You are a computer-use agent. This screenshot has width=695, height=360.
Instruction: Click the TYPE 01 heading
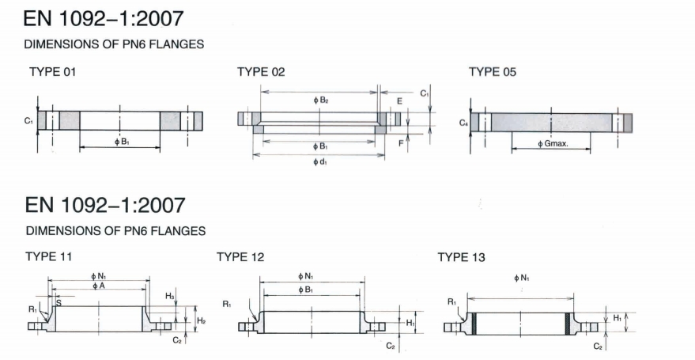click(x=53, y=72)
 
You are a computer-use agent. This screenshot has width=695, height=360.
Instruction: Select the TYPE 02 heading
click(x=261, y=72)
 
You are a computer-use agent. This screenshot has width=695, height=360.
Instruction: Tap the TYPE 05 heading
click(x=493, y=72)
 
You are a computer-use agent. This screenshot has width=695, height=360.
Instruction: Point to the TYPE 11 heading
click(x=49, y=256)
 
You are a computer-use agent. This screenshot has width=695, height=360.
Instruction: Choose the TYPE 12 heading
click(x=240, y=257)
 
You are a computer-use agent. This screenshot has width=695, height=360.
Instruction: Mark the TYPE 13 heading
click(x=462, y=257)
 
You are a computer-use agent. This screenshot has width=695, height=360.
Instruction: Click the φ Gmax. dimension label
click(x=553, y=144)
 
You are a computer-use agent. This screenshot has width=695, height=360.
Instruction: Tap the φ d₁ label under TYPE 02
click(x=320, y=162)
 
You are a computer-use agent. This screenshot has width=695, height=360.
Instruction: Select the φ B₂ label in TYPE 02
click(x=320, y=100)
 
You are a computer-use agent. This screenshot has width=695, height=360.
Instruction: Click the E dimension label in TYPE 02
click(x=399, y=101)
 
